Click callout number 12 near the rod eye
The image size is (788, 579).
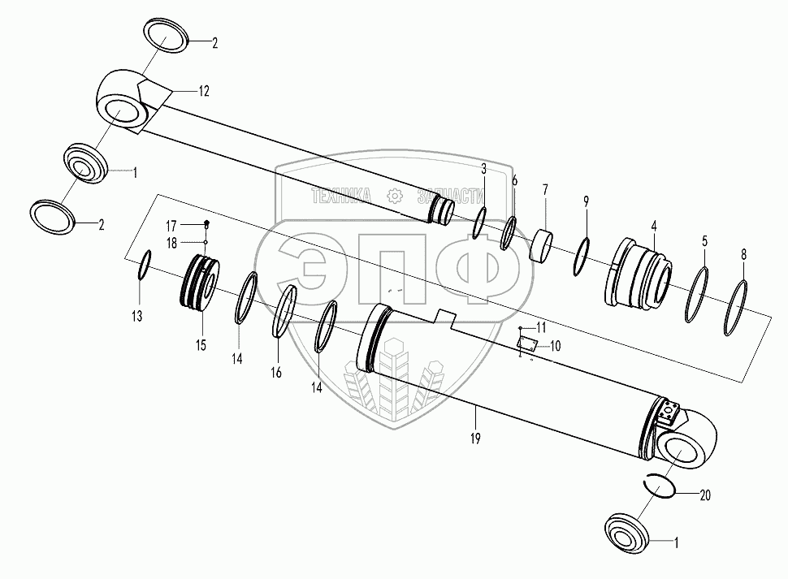coord(204,92)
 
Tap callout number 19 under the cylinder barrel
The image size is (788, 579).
coord(475,439)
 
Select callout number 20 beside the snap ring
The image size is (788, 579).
coord(705,495)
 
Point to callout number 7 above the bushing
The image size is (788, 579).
coord(545,190)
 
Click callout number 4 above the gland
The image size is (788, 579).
coord(654,226)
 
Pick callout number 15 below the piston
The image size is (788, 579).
coord(201,345)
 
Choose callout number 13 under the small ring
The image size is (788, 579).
coord(136,317)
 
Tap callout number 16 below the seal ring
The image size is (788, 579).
coord(276,373)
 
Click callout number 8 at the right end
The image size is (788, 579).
coord(744,255)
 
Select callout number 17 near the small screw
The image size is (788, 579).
coord(171,226)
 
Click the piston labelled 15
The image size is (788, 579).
coord(200,283)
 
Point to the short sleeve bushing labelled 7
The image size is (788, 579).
coord(541,244)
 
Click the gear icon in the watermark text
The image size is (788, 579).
coord(396,196)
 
